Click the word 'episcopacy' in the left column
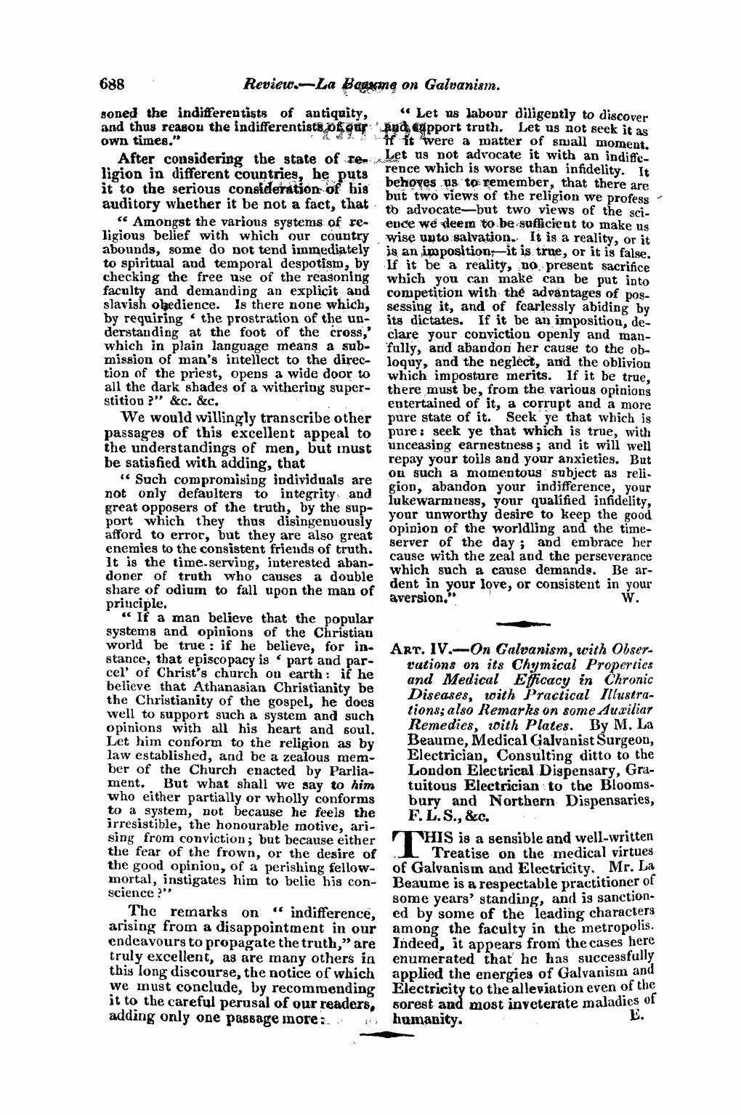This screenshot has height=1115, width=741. click(195, 662)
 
